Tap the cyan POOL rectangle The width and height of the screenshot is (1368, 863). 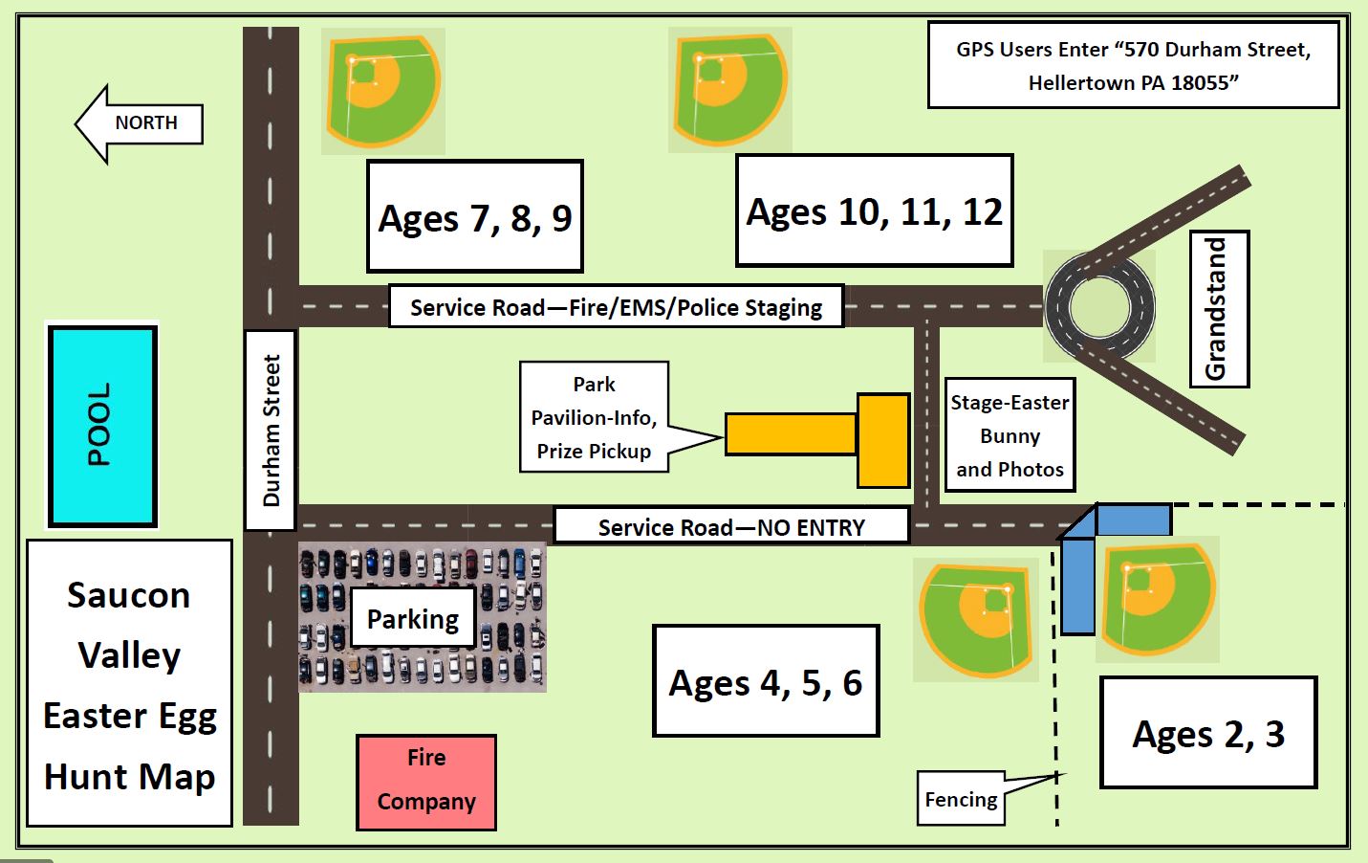[x=102, y=426]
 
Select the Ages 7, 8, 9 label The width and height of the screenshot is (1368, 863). [x=475, y=217]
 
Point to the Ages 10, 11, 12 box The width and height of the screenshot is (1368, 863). [x=874, y=211]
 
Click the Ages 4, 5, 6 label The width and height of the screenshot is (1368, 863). [x=766, y=681]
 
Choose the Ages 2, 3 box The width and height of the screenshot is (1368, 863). [x=1208, y=733]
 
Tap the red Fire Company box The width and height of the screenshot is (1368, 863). [x=426, y=781]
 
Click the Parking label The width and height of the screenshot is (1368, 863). [x=413, y=619]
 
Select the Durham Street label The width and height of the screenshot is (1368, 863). [x=271, y=430]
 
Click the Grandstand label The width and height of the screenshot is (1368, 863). [x=1219, y=309]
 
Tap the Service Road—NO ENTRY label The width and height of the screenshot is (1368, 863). [x=731, y=526]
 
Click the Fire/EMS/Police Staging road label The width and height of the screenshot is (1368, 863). [x=616, y=307]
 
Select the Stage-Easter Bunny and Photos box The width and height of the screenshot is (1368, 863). [x=1010, y=435]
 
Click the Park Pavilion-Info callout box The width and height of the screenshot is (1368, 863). [x=594, y=417]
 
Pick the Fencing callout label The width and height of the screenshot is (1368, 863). [x=961, y=799]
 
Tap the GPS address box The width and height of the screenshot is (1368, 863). [x=1133, y=65]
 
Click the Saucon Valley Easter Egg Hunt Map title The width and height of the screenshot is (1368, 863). [x=129, y=683]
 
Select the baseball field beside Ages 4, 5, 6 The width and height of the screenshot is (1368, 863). [x=976, y=618]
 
